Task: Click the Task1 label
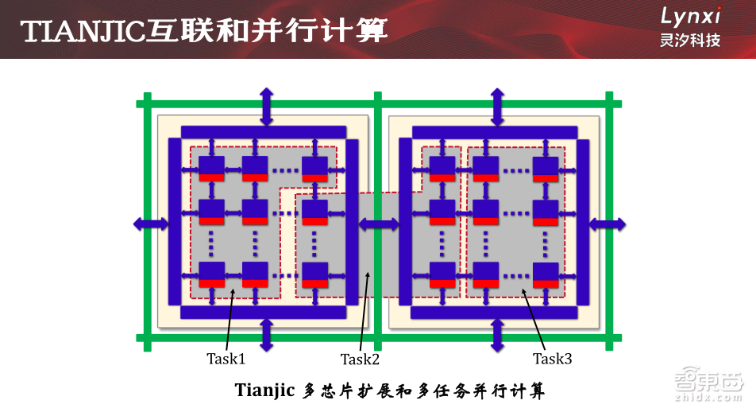(x=226, y=359)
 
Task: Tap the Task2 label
(x=361, y=360)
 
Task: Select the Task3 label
(x=552, y=359)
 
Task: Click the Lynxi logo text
(x=691, y=16)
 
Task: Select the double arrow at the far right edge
(x=607, y=223)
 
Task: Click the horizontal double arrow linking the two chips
(x=379, y=223)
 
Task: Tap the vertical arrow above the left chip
(x=266, y=106)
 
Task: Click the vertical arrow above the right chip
(x=497, y=106)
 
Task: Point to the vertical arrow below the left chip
(x=266, y=335)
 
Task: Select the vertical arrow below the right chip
(x=497, y=335)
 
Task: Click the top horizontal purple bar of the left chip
(x=264, y=131)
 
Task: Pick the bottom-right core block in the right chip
(x=546, y=274)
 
